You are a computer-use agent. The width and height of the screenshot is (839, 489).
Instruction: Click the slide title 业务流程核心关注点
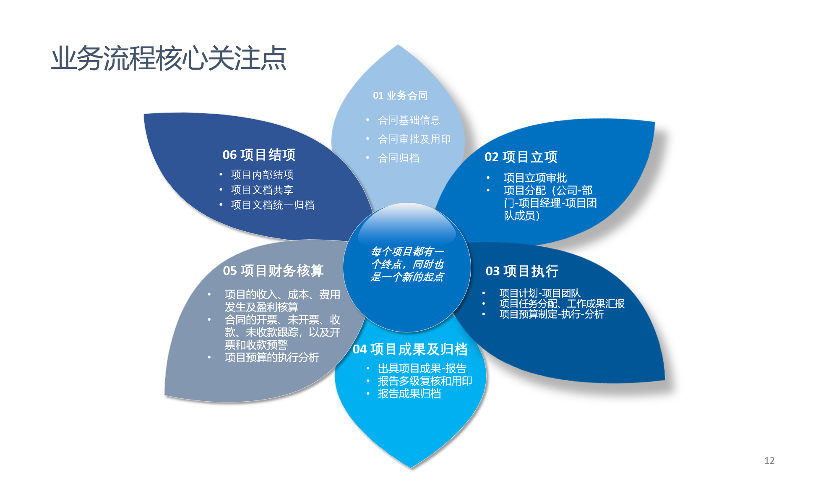point(169,58)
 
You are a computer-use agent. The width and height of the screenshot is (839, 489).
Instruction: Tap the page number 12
point(769,460)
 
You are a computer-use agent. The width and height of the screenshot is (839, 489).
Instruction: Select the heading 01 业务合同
point(400,96)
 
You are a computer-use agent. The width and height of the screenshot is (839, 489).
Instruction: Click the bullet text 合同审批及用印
point(414,139)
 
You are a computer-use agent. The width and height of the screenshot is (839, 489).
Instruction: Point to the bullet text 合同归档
point(399,158)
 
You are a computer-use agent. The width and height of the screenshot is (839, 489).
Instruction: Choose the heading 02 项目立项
point(521,157)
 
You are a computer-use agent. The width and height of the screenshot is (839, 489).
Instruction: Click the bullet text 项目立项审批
point(535,178)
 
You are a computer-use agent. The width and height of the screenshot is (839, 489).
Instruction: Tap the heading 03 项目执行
point(522,271)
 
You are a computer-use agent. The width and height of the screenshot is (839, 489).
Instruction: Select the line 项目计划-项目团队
point(540,293)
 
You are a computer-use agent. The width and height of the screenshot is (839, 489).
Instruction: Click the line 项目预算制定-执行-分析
point(552,314)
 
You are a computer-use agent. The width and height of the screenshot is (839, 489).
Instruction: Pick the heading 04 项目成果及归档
point(410,349)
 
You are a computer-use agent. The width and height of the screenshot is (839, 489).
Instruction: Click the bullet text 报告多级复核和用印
point(425,381)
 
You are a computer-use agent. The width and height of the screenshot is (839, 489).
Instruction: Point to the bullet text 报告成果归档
point(409,394)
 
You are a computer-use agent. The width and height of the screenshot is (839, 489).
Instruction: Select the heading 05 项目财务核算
point(273,271)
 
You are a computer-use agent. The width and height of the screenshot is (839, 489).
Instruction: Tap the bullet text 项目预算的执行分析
point(272,358)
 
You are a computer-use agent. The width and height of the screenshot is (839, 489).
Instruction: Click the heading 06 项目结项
point(259,155)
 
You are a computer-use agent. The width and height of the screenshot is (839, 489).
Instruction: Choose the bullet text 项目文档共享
point(262,190)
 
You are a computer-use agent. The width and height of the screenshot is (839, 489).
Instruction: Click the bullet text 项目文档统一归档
point(272,205)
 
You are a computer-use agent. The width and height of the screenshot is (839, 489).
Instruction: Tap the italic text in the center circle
point(407,264)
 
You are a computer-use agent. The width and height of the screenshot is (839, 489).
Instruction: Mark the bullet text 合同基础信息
point(409,120)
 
